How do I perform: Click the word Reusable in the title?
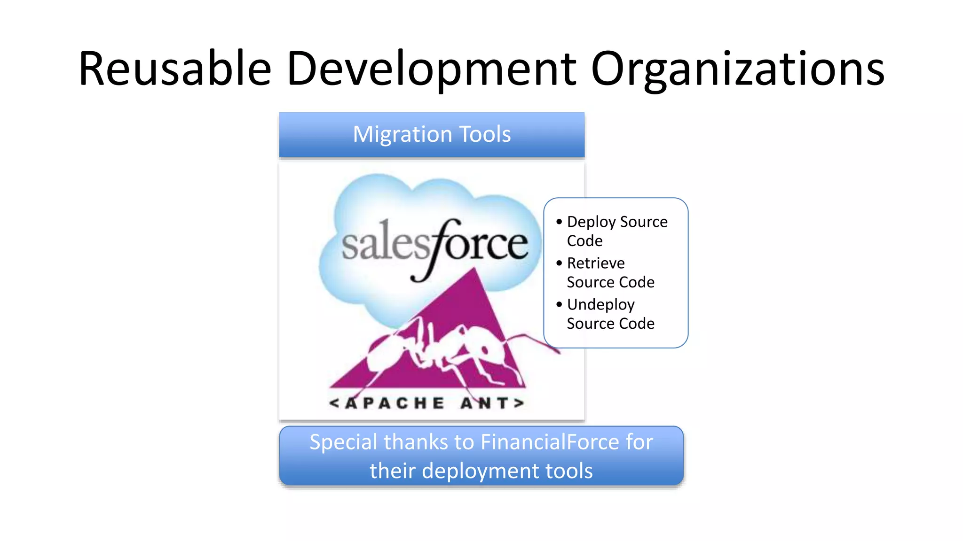pos(175,69)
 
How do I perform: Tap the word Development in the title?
pos(431,69)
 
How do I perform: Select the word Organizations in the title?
pos(737,69)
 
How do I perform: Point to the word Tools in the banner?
pos(485,134)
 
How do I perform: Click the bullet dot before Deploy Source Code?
pos(559,222)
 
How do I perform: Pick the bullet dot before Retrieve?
pos(559,263)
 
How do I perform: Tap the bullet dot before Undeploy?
pos(559,304)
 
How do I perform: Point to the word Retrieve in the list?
pos(596,263)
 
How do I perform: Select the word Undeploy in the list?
pos(601,305)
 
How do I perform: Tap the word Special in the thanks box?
pos(343,442)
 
